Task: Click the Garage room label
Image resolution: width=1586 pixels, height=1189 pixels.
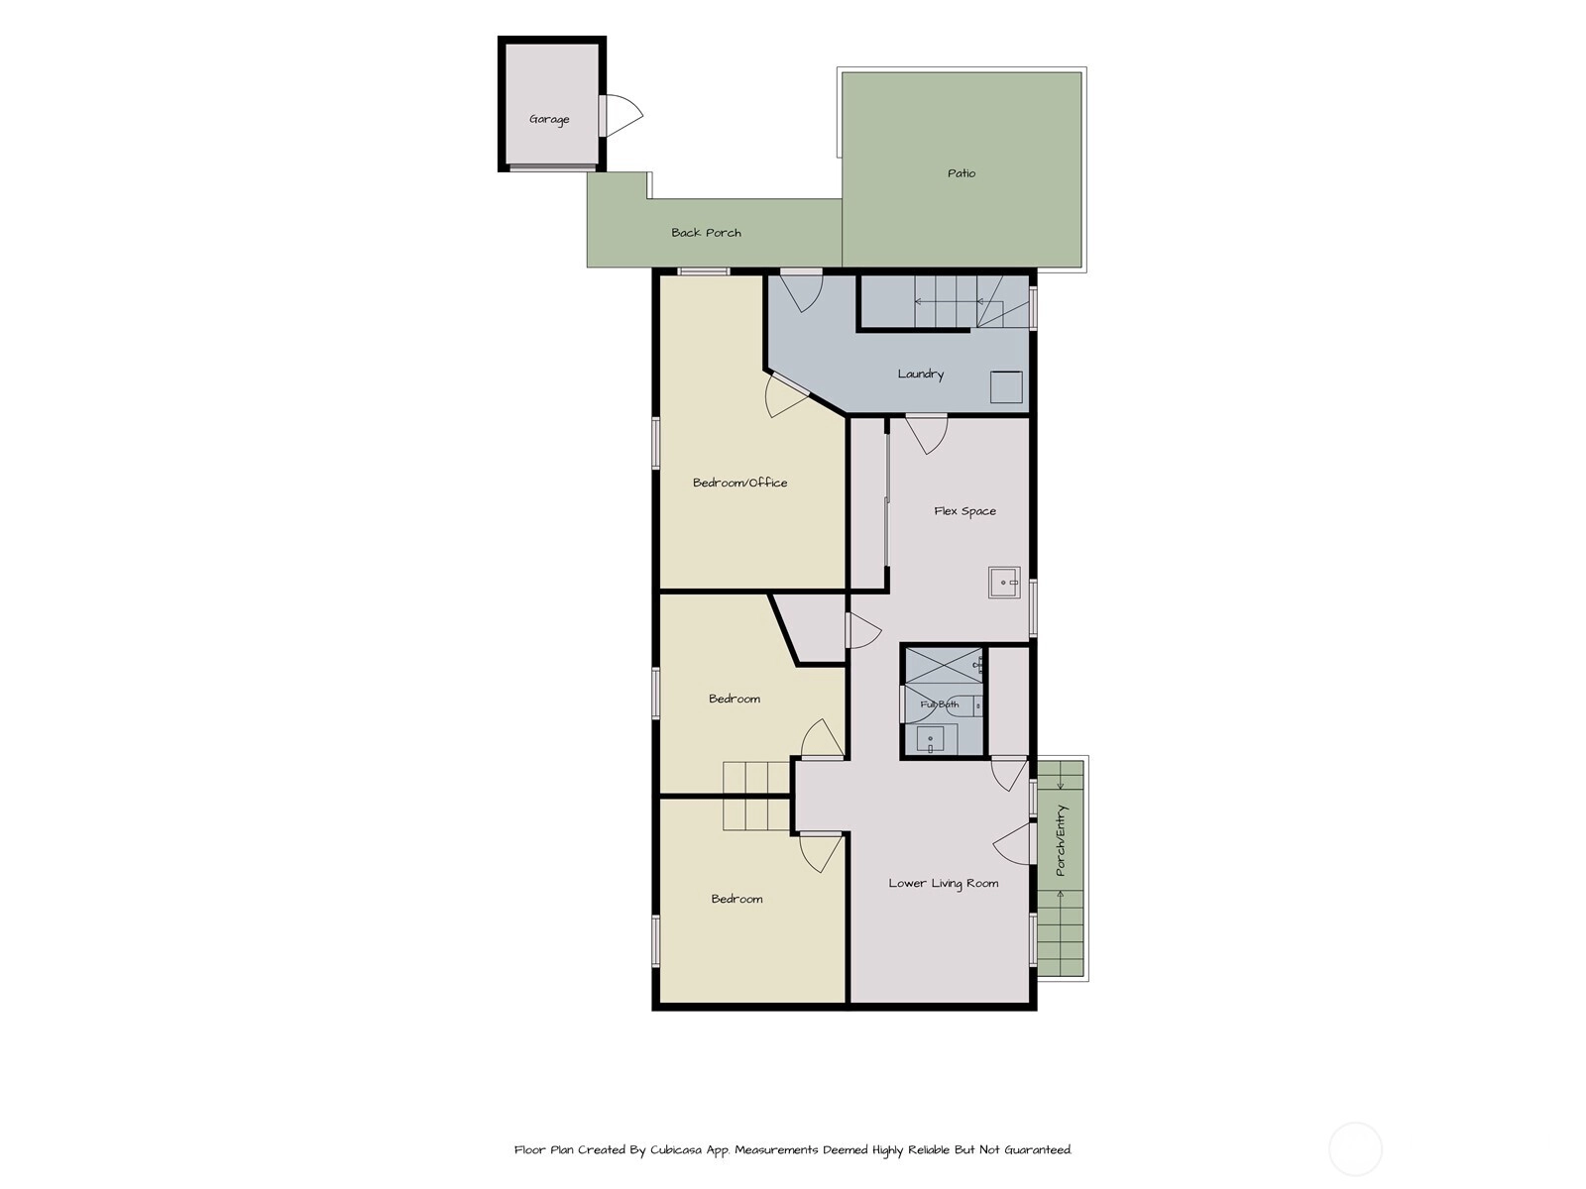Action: [x=549, y=119]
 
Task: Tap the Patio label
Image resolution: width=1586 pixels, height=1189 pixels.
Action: [x=961, y=173]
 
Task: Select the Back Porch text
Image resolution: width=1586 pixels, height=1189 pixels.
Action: [x=706, y=233]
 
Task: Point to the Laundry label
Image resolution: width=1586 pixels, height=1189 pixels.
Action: [x=921, y=374]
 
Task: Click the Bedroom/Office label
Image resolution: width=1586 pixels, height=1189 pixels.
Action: [x=739, y=483]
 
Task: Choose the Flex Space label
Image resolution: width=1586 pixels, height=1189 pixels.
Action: [x=964, y=511]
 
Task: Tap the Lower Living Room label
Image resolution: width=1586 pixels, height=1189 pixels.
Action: [x=943, y=883]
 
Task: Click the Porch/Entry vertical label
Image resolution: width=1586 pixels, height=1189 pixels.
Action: [x=1060, y=840]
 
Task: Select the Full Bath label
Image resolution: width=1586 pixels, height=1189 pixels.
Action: [x=940, y=704]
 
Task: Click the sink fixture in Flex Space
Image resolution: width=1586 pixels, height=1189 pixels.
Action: [x=1004, y=582]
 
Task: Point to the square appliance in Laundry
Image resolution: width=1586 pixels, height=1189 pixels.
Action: [x=1006, y=386]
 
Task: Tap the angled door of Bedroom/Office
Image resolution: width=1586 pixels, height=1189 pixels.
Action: [x=785, y=396]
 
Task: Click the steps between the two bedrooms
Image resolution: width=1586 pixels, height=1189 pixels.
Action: [x=755, y=796]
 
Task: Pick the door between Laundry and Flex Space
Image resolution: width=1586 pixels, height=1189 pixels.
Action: [x=926, y=434]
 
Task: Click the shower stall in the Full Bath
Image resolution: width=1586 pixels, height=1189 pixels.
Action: [x=944, y=666]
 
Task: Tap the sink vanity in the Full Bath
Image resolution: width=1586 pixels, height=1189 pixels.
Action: [x=930, y=739]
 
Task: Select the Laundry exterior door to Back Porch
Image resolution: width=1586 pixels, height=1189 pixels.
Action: [x=801, y=291]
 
